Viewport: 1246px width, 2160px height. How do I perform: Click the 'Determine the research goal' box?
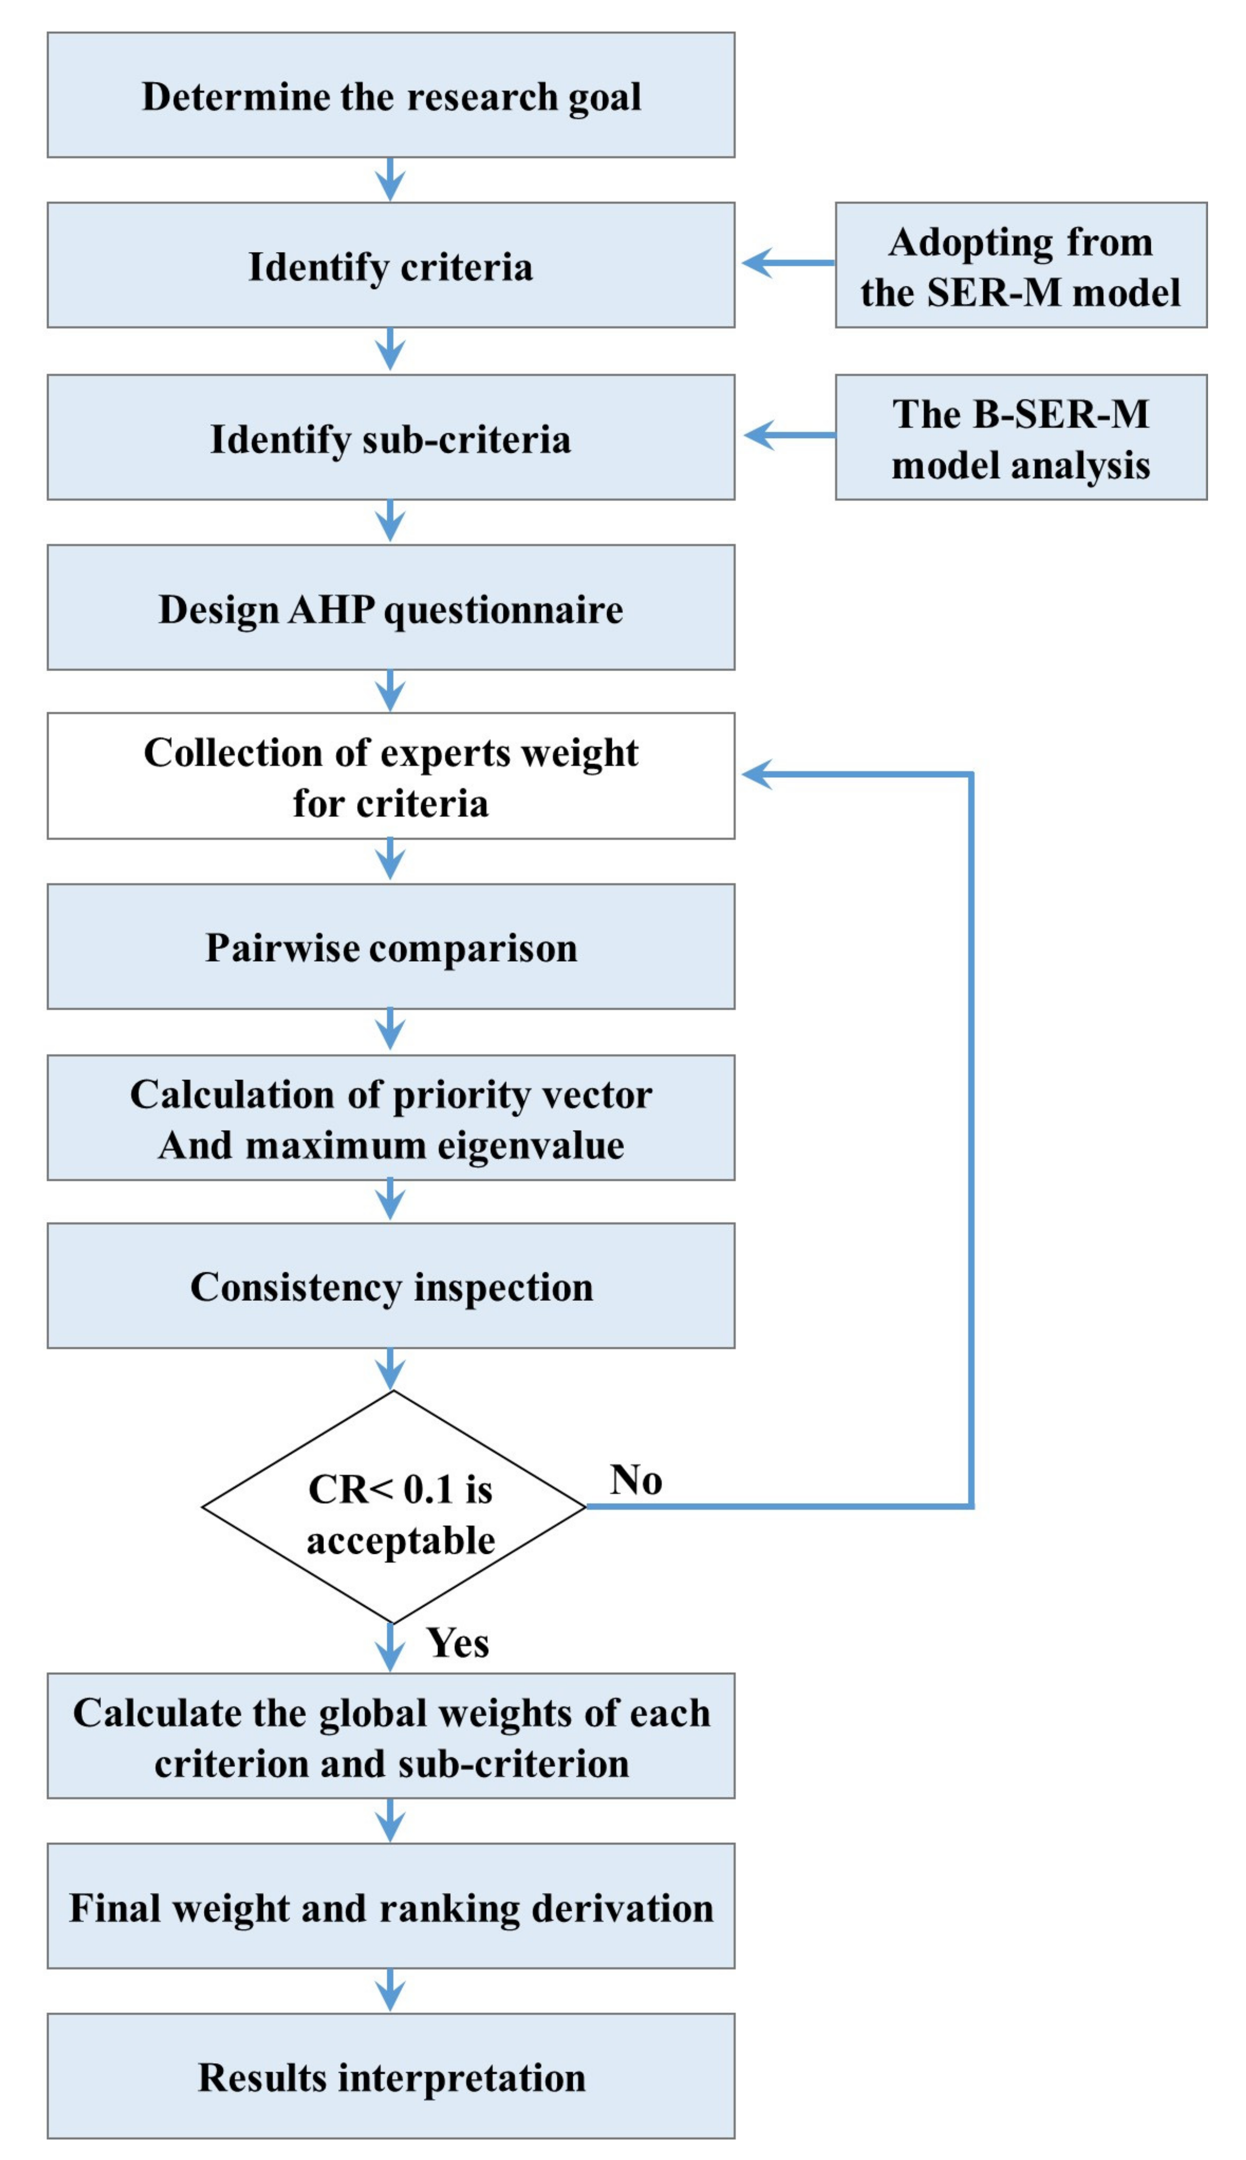390,95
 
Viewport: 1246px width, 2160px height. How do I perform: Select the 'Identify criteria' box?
390,265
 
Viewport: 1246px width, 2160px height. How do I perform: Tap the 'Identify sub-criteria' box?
390,438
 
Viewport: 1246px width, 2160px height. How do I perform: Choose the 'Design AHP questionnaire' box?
390,608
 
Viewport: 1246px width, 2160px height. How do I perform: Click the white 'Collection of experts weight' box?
390,776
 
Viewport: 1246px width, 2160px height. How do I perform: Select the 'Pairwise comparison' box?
390,946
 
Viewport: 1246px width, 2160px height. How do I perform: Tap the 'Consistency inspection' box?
390,1286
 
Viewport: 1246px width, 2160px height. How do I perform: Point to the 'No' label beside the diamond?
636,1480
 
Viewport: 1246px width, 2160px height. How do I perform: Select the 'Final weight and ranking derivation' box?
390,1907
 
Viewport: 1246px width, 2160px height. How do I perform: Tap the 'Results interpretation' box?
390,2077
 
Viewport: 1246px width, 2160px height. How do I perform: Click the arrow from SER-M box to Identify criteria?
787,263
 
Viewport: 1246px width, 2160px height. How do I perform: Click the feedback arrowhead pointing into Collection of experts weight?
757,775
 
